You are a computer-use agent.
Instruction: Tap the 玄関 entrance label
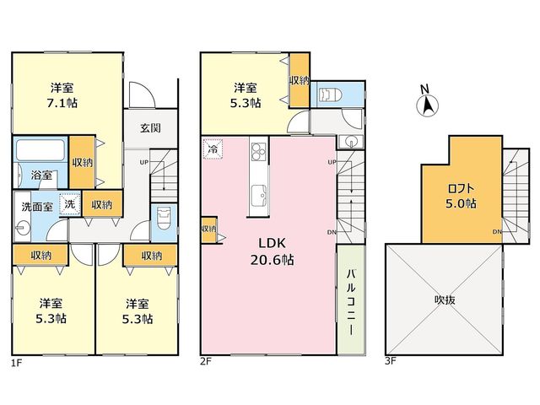point(150,128)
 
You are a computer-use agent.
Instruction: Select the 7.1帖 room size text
point(62,103)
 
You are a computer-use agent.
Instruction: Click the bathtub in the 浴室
point(40,150)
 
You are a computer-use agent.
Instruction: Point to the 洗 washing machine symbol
point(70,204)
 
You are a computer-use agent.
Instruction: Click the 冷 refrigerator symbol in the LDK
point(213,149)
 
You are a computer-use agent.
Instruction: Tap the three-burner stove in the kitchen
point(259,152)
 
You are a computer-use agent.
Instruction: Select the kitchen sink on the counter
point(259,196)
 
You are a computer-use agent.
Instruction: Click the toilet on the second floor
point(331,94)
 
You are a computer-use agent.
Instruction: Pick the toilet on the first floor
point(164,219)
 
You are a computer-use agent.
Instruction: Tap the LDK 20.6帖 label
point(272,251)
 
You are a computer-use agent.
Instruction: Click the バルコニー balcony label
point(351,302)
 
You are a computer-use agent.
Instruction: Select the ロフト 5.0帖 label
point(462,196)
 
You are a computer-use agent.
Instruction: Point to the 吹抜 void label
point(445,300)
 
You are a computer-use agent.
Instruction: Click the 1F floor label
point(17,363)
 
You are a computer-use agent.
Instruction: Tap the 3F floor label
point(391,361)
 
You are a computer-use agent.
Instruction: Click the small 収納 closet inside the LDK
point(208,229)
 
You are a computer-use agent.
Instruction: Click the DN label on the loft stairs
point(497,232)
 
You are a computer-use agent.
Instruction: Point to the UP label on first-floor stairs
point(144,162)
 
